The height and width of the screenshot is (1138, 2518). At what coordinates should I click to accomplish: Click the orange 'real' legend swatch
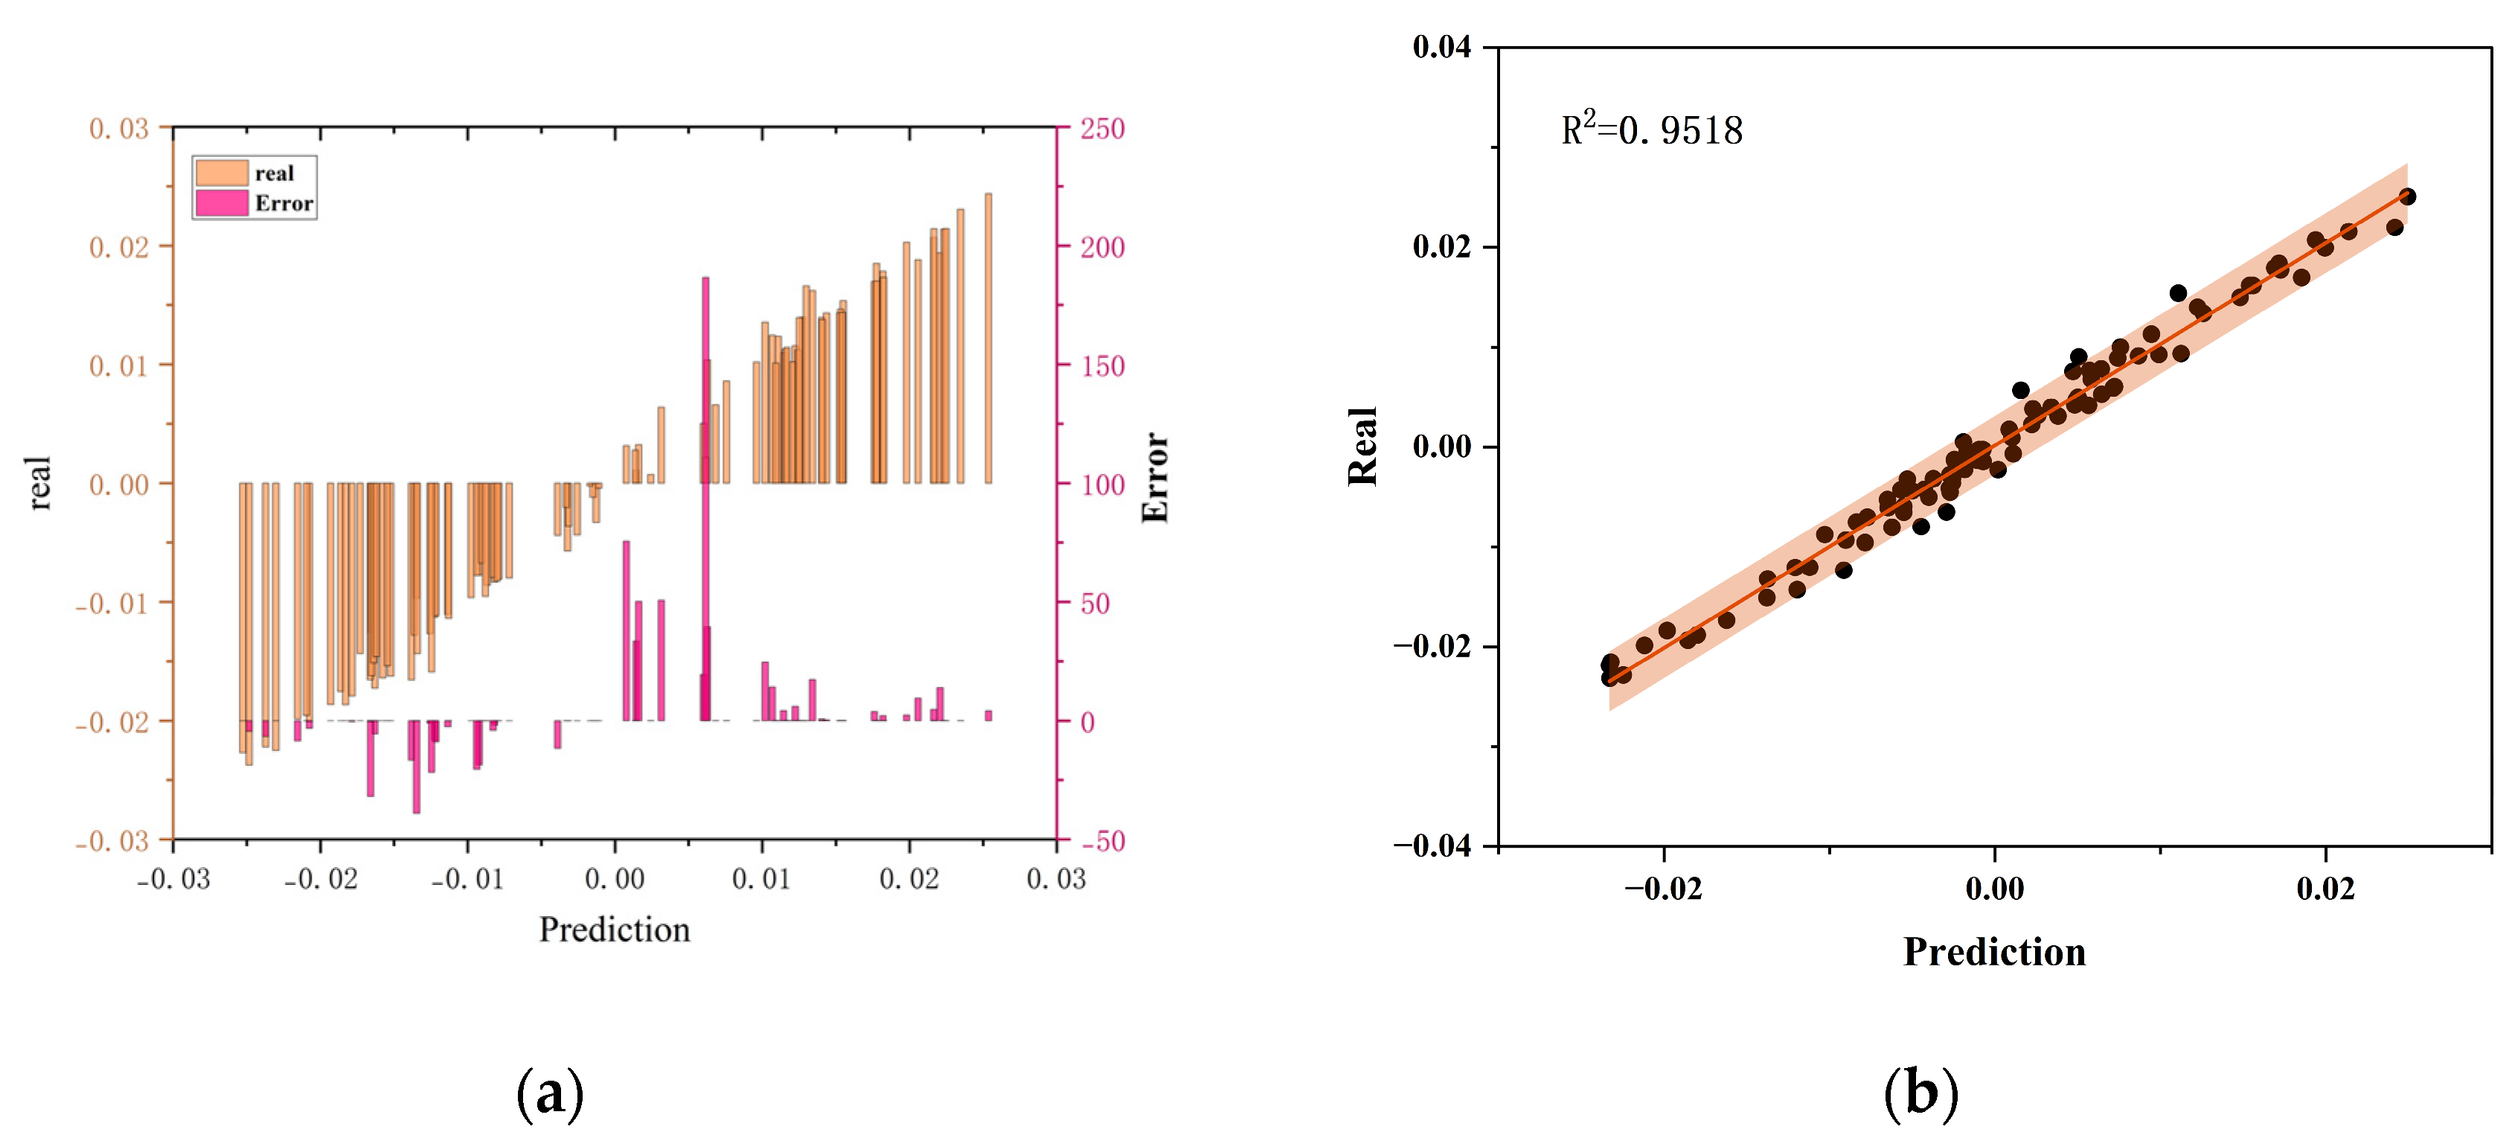(221, 173)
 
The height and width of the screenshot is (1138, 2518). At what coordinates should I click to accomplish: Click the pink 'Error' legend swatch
(221, 202)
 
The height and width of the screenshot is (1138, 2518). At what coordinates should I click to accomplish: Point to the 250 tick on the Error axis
(1101, 129)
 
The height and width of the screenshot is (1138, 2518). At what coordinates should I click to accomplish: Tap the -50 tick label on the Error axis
(1101, 841)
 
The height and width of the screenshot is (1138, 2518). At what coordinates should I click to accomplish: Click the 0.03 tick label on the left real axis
(119, 129)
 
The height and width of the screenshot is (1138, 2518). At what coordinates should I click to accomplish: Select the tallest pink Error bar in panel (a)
(705, 489)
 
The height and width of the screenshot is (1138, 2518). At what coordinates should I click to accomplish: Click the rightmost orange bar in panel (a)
(988, 337)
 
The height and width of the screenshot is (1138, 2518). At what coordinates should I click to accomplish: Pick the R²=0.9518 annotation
(1651, 130)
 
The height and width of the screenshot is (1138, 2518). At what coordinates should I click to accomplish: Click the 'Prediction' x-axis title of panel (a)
(614, 929)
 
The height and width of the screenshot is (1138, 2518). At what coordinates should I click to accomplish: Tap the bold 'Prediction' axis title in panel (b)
(1993, 951)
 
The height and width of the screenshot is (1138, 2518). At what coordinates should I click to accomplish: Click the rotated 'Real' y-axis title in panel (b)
(1362, 446)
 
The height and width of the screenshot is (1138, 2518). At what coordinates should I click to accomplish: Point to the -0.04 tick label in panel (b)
(1432, 845)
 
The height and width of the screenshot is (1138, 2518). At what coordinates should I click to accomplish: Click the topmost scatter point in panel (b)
(2408, 196)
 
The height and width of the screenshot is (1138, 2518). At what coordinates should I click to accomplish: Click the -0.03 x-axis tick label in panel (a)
(173, 879)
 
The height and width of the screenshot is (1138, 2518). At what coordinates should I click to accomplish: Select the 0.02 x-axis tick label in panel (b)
(2325, 888)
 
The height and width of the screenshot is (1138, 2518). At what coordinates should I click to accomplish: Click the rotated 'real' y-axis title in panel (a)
(39, 483)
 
